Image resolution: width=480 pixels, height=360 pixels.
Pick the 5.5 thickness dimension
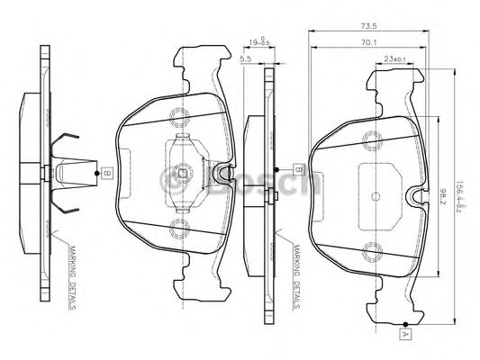[245, 59]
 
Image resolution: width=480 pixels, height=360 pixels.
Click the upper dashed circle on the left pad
[181, 115]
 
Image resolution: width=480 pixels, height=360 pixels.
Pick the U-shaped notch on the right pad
[414, 196]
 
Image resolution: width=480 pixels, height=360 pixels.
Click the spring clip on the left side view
[71, 170]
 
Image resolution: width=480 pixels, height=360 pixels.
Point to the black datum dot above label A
[406, 323]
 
